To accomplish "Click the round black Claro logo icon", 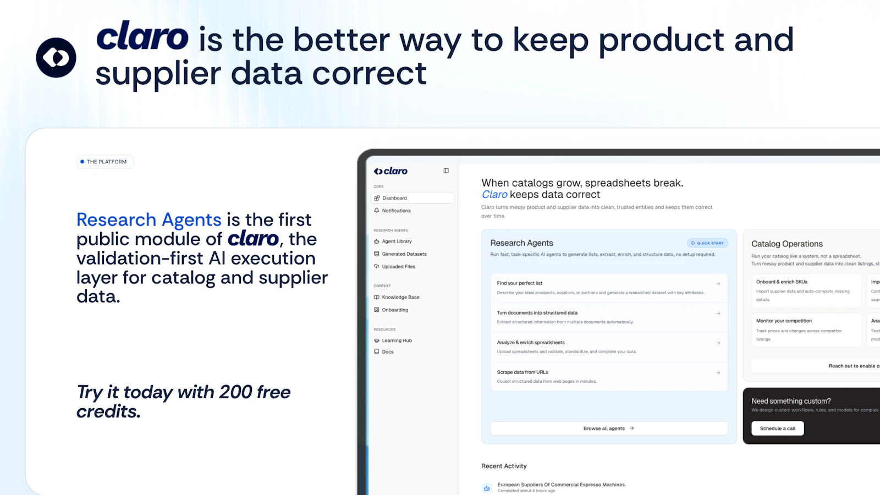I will click(56, 58).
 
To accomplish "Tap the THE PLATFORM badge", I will click(105, 162).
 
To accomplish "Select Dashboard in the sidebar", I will click(395, 198).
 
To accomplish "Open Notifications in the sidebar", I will click(396, 211).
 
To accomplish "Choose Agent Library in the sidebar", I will click(397, 241).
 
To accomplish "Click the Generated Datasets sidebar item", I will click(404, 254).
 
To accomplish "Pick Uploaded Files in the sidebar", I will click(398, 267).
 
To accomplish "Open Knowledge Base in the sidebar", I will click(400, 297).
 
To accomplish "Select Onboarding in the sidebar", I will click(395, 310).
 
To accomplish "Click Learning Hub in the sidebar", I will click(397, 340).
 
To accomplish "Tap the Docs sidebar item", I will click(388, 352).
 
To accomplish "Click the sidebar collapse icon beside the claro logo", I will click(446, 171).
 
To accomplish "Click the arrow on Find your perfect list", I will click(718, 284).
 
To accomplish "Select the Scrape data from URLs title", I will click(522, 372).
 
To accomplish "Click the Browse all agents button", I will click(609, 428).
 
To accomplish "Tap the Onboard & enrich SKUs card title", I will click(782, 282).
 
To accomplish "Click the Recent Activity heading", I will click(504, 466).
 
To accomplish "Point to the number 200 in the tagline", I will click(235, 392).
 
